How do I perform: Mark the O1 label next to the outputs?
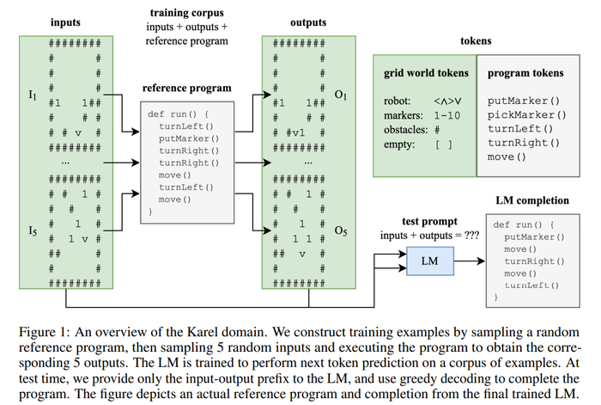pos(340,94)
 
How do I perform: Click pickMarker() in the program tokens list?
pos(526,114)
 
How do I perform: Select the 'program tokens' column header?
pos(525,74)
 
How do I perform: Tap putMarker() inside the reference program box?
pos(189,138)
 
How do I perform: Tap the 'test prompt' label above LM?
pos(428,221)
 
